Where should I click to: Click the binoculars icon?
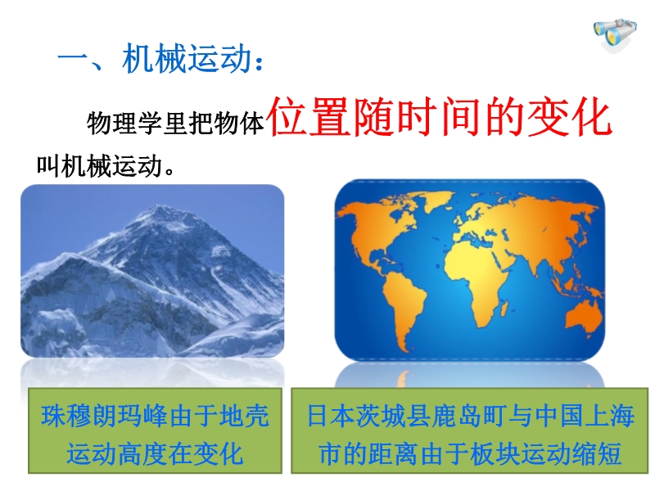(616, 34)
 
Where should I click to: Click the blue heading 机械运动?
(187, 58)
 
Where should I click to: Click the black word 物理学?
(124, 124)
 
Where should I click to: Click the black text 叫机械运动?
(99, 166)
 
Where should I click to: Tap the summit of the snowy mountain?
(159, 207)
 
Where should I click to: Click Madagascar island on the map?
(504, 310)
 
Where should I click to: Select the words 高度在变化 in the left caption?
(180, 453)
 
